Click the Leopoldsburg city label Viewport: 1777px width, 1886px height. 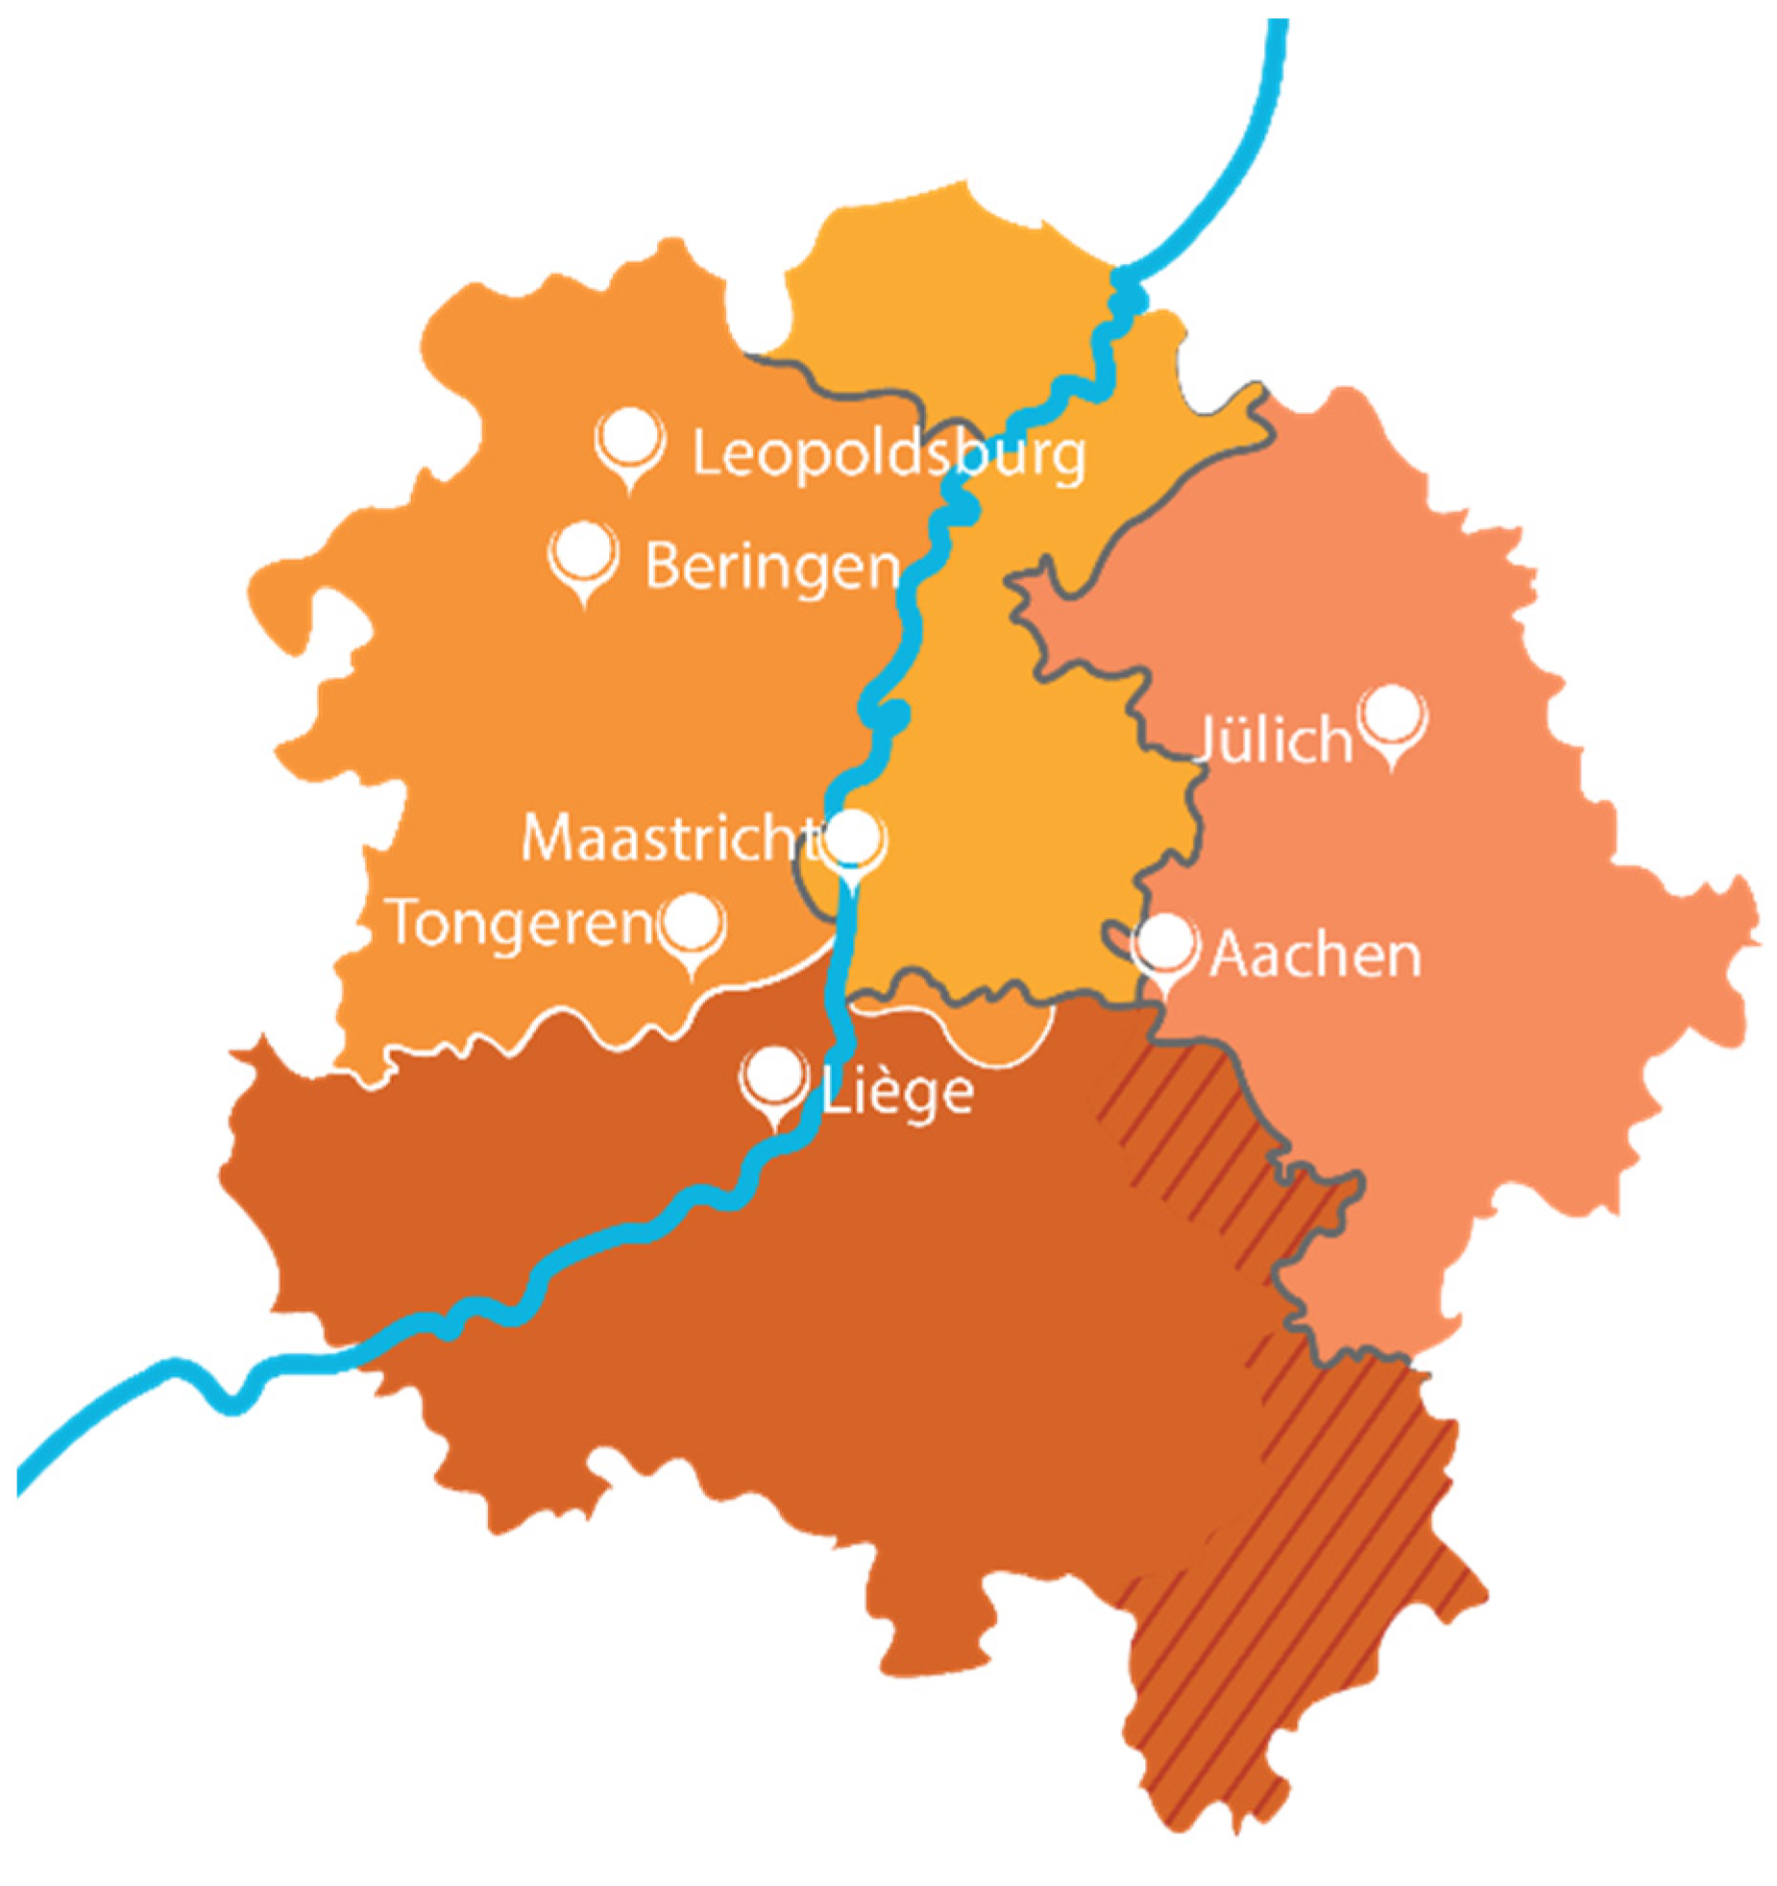888,455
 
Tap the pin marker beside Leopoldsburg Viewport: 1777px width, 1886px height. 629,443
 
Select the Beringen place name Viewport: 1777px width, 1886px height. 772,567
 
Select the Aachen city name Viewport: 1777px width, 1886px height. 1314,955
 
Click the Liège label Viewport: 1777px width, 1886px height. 898,1091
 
